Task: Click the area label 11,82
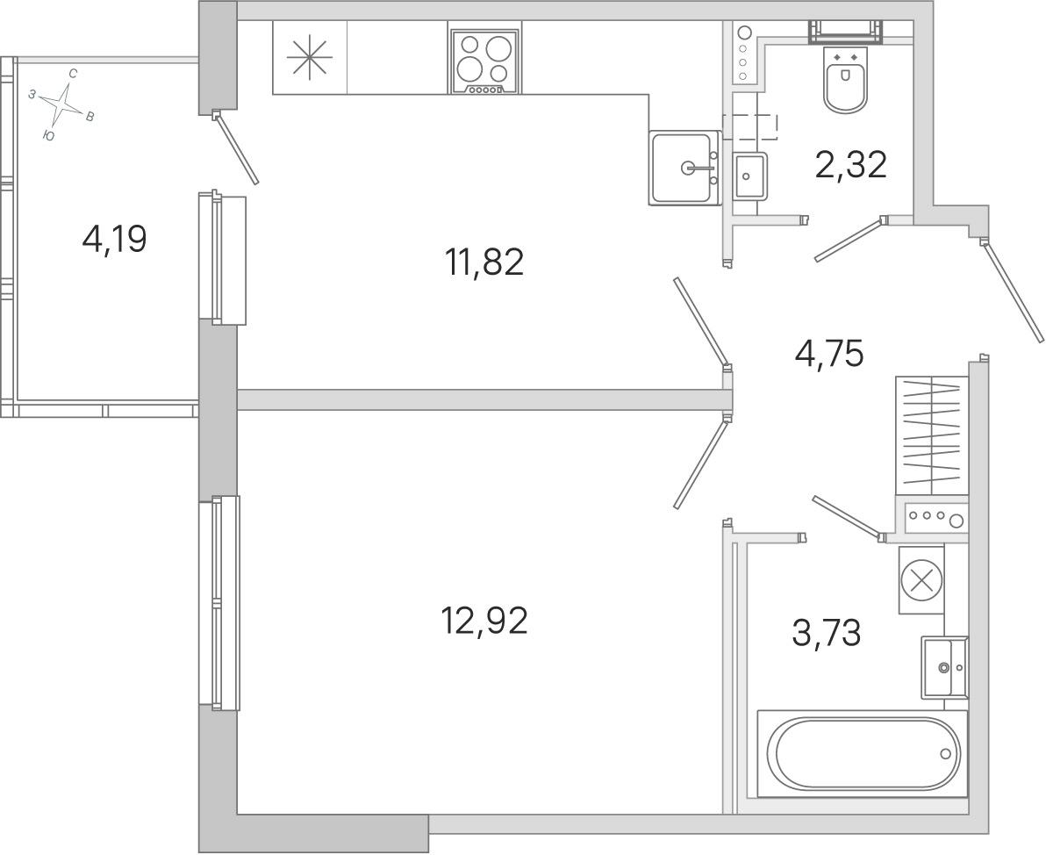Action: click(484, 262)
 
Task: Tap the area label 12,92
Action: click(484, 621)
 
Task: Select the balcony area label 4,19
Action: click(114, 238)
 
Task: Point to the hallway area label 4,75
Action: click(829, 353)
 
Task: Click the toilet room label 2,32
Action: click(850, 164)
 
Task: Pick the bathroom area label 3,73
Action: click(827, 633)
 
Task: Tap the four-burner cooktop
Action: click(485, 62)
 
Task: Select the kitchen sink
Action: click(684, 168)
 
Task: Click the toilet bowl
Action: click(846, 79)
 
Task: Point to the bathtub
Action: click(863, 753)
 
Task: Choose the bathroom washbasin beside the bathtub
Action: click(944, 667)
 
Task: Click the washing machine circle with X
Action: click(922, 579)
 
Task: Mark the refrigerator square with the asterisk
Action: click(310, 58)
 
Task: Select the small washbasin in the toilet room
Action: click(749, 176)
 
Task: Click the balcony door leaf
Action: click(235, 147)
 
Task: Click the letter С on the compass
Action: click(73, 74)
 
